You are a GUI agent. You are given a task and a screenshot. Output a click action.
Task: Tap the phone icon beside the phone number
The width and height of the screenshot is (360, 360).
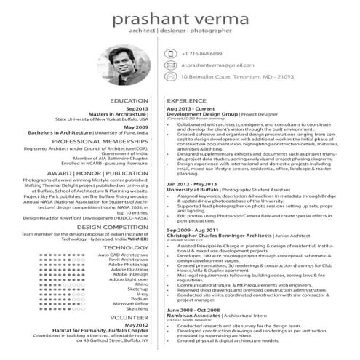coord(171,54)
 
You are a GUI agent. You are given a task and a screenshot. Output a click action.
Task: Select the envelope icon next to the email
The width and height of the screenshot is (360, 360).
coord(171,65)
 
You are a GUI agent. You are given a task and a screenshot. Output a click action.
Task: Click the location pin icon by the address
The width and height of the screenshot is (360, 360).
coord(171,76)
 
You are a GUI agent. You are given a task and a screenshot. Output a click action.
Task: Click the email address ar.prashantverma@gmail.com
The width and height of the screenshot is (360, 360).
coord(216,65)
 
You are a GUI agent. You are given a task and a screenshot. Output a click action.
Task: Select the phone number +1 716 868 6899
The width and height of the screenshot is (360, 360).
coord(201,54)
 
